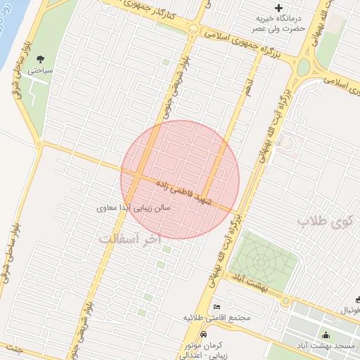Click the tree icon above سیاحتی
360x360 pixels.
point(39,58)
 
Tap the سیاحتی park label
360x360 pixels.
point(39,70)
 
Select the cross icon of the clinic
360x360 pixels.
point(279,8)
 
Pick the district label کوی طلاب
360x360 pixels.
point(327,222)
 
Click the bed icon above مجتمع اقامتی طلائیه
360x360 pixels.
point(217,307)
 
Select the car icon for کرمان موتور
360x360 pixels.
point(203,335)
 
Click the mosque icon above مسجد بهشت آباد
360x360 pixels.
point(325,335)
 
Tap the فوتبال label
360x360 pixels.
point(348,310)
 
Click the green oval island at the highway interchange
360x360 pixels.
point(303,67)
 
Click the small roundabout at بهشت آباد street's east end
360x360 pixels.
point(285,301)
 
